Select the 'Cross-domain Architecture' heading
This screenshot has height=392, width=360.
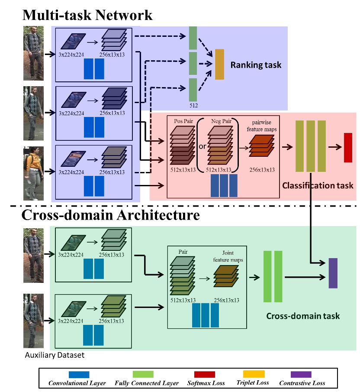pyautogui.click(x=111, y=215)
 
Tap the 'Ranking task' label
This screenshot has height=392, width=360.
pyautogui.click(x=256, y=65)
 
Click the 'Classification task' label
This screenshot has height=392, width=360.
pyautogui.click(x=318, y=185)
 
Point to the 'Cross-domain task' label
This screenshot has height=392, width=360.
pyautogui.click(x=303, y=316)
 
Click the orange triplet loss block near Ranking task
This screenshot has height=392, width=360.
pyautogui.click(x=219, y=65)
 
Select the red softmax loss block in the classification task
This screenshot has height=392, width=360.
pyautogui.click(x=348, y=148)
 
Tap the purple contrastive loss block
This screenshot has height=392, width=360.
pyautogui.click(x=333, y=273)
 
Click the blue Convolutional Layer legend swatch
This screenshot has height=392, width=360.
pyautogui.click(x=79, y=374)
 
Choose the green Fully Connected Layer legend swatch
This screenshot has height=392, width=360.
pyautogui.click(x=146, y=374)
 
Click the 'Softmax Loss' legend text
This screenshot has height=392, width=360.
pyautogui.click(x=207, y=383)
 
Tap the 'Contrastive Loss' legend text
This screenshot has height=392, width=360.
pyautogui.click(x=302, y=383)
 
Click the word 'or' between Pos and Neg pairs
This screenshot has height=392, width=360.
pyautogui.click(x=202, y=146)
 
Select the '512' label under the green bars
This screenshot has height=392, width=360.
pyautogui.click(x=193, y=105)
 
